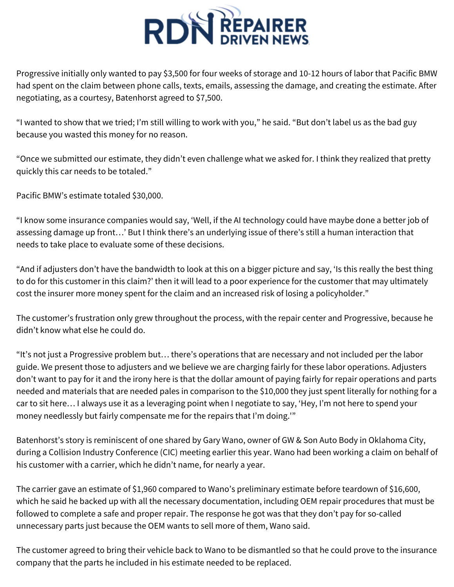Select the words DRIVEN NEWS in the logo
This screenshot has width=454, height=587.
264,40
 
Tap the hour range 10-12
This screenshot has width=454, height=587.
310,74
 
